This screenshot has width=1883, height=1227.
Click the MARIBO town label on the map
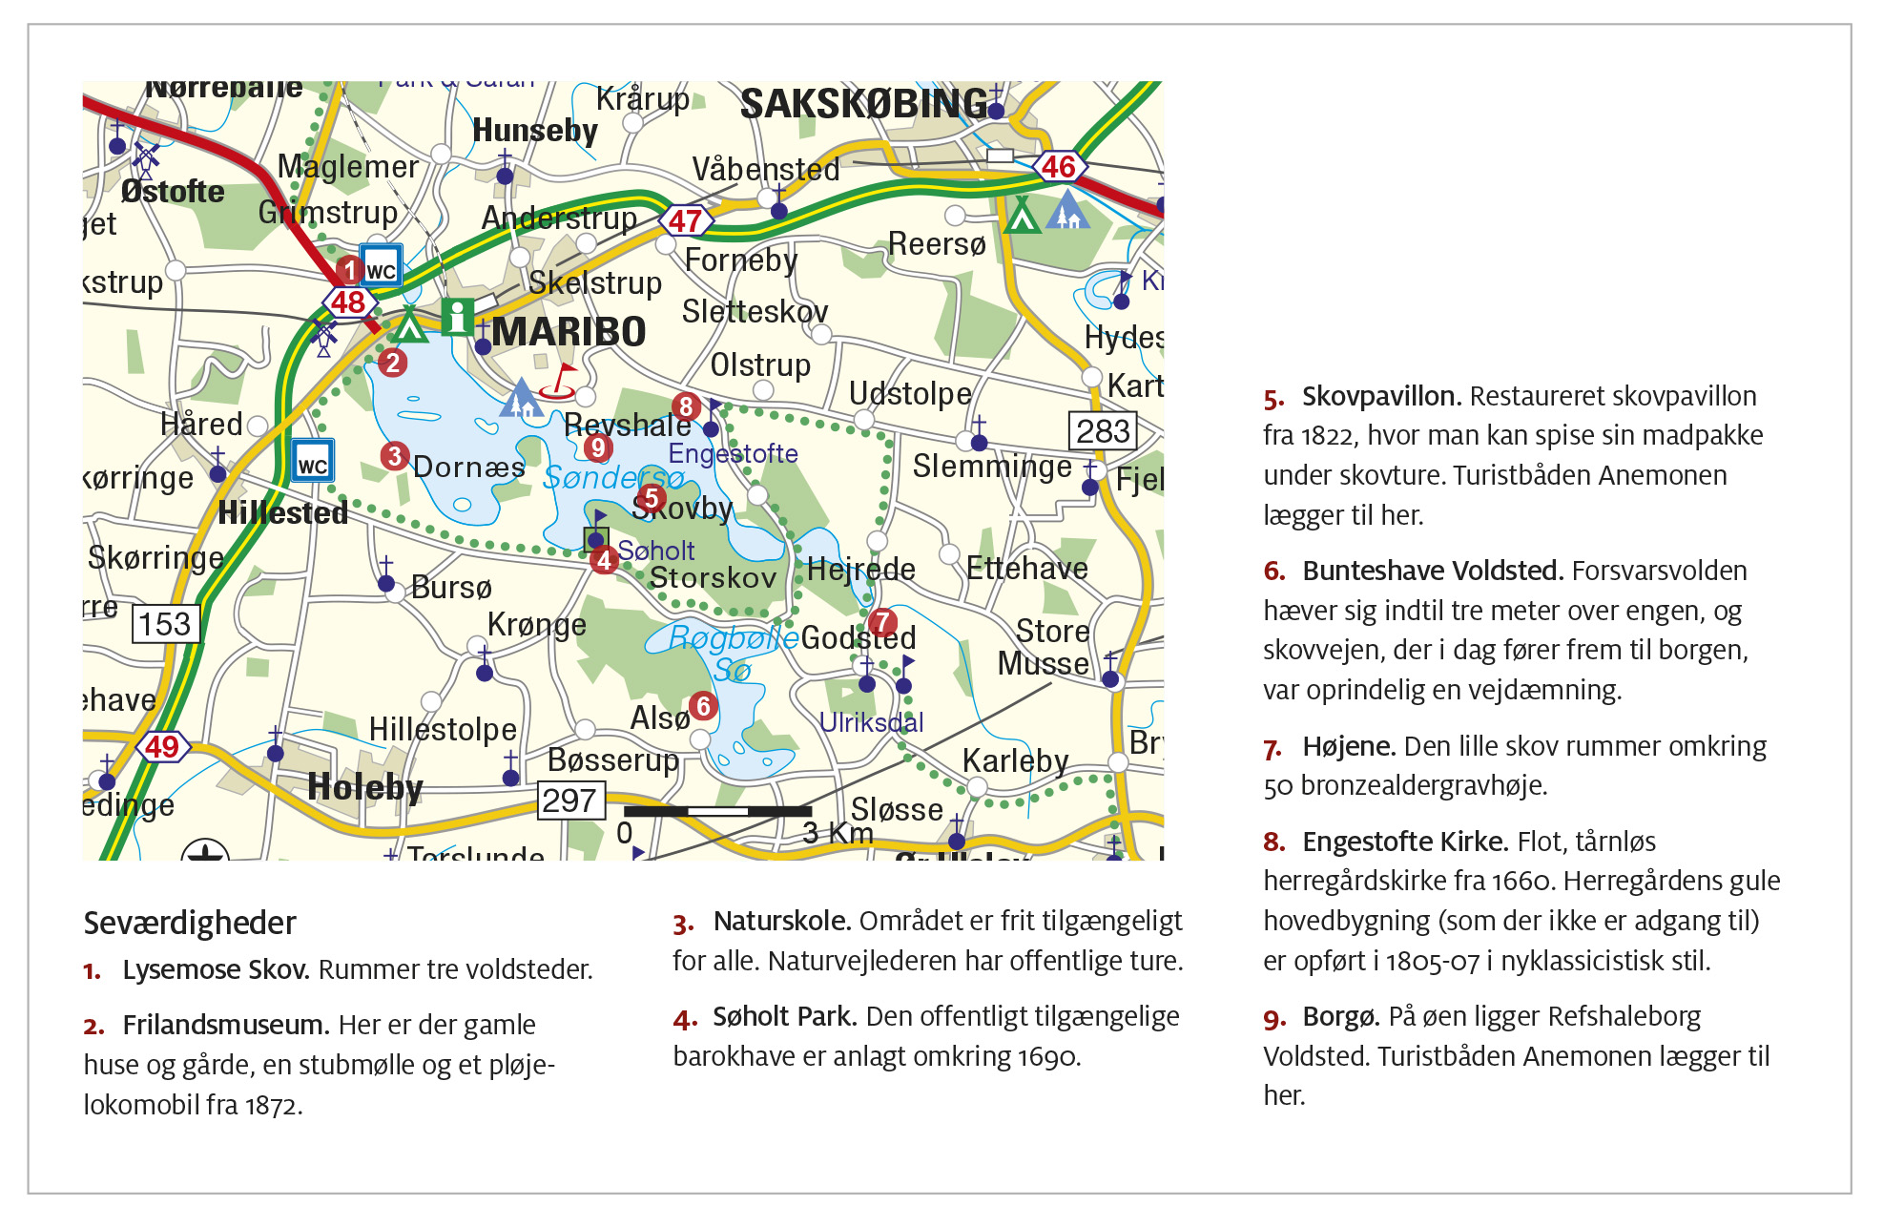[x=569, y=332]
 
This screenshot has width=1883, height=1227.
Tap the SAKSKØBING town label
[x=863, y=104]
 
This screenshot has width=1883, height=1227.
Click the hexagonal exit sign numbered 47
[x=685, y=221]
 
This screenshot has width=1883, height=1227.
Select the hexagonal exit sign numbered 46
[x=1058, y=167]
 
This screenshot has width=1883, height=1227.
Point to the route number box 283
[x=1103, y=431]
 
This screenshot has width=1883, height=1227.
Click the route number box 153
[x=165, y=624]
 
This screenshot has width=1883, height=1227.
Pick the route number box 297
[x=569, y=801]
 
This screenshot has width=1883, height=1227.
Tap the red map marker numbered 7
[x=882, y=622]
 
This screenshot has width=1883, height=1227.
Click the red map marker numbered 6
[x=703, y=706]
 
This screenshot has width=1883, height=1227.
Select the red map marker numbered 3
[x=394, y=456]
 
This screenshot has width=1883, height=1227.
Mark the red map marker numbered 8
[x=685, y=406]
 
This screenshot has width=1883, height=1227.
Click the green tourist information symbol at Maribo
[x=457, y=317]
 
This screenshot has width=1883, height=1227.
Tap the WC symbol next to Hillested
[x=313, y=461]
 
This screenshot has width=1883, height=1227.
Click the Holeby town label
[x=364, y=788]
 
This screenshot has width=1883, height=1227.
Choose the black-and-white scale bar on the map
[x=716, y=811]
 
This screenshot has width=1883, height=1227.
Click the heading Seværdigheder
[x=190, y=923]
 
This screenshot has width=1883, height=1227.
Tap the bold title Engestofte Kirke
[x=1404, y=842]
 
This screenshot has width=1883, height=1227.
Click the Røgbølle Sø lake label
[x=733, y=652]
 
